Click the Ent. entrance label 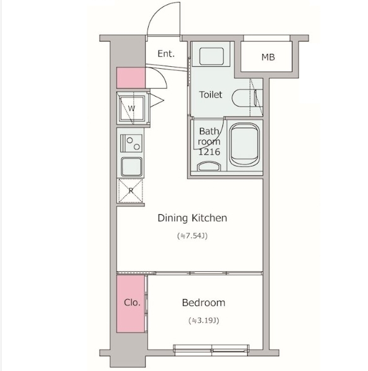click(x=166, y=54)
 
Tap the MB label click(x=268, y=57)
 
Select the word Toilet click(x=211, y=95)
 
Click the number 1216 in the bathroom click(x=209, y=152)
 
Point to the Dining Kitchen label click(x=192, y=218)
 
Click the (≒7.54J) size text click(x=193, y=236)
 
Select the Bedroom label click(x=204, y=303)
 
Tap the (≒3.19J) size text click(x=204, y=321)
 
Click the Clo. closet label click(x=132, y=302)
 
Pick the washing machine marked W click(x=132, y=108)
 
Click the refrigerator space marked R click(x=131, y=191)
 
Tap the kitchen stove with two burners click(x=131, y=143)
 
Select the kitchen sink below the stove click(x=131, y=167)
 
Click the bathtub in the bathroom click(x=245, y=144)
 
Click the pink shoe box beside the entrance click(x=131, y=78)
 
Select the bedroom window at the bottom click(x=211, y=350)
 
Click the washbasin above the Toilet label click(x=211, y=56)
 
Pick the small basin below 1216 click(x=208, y=166)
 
